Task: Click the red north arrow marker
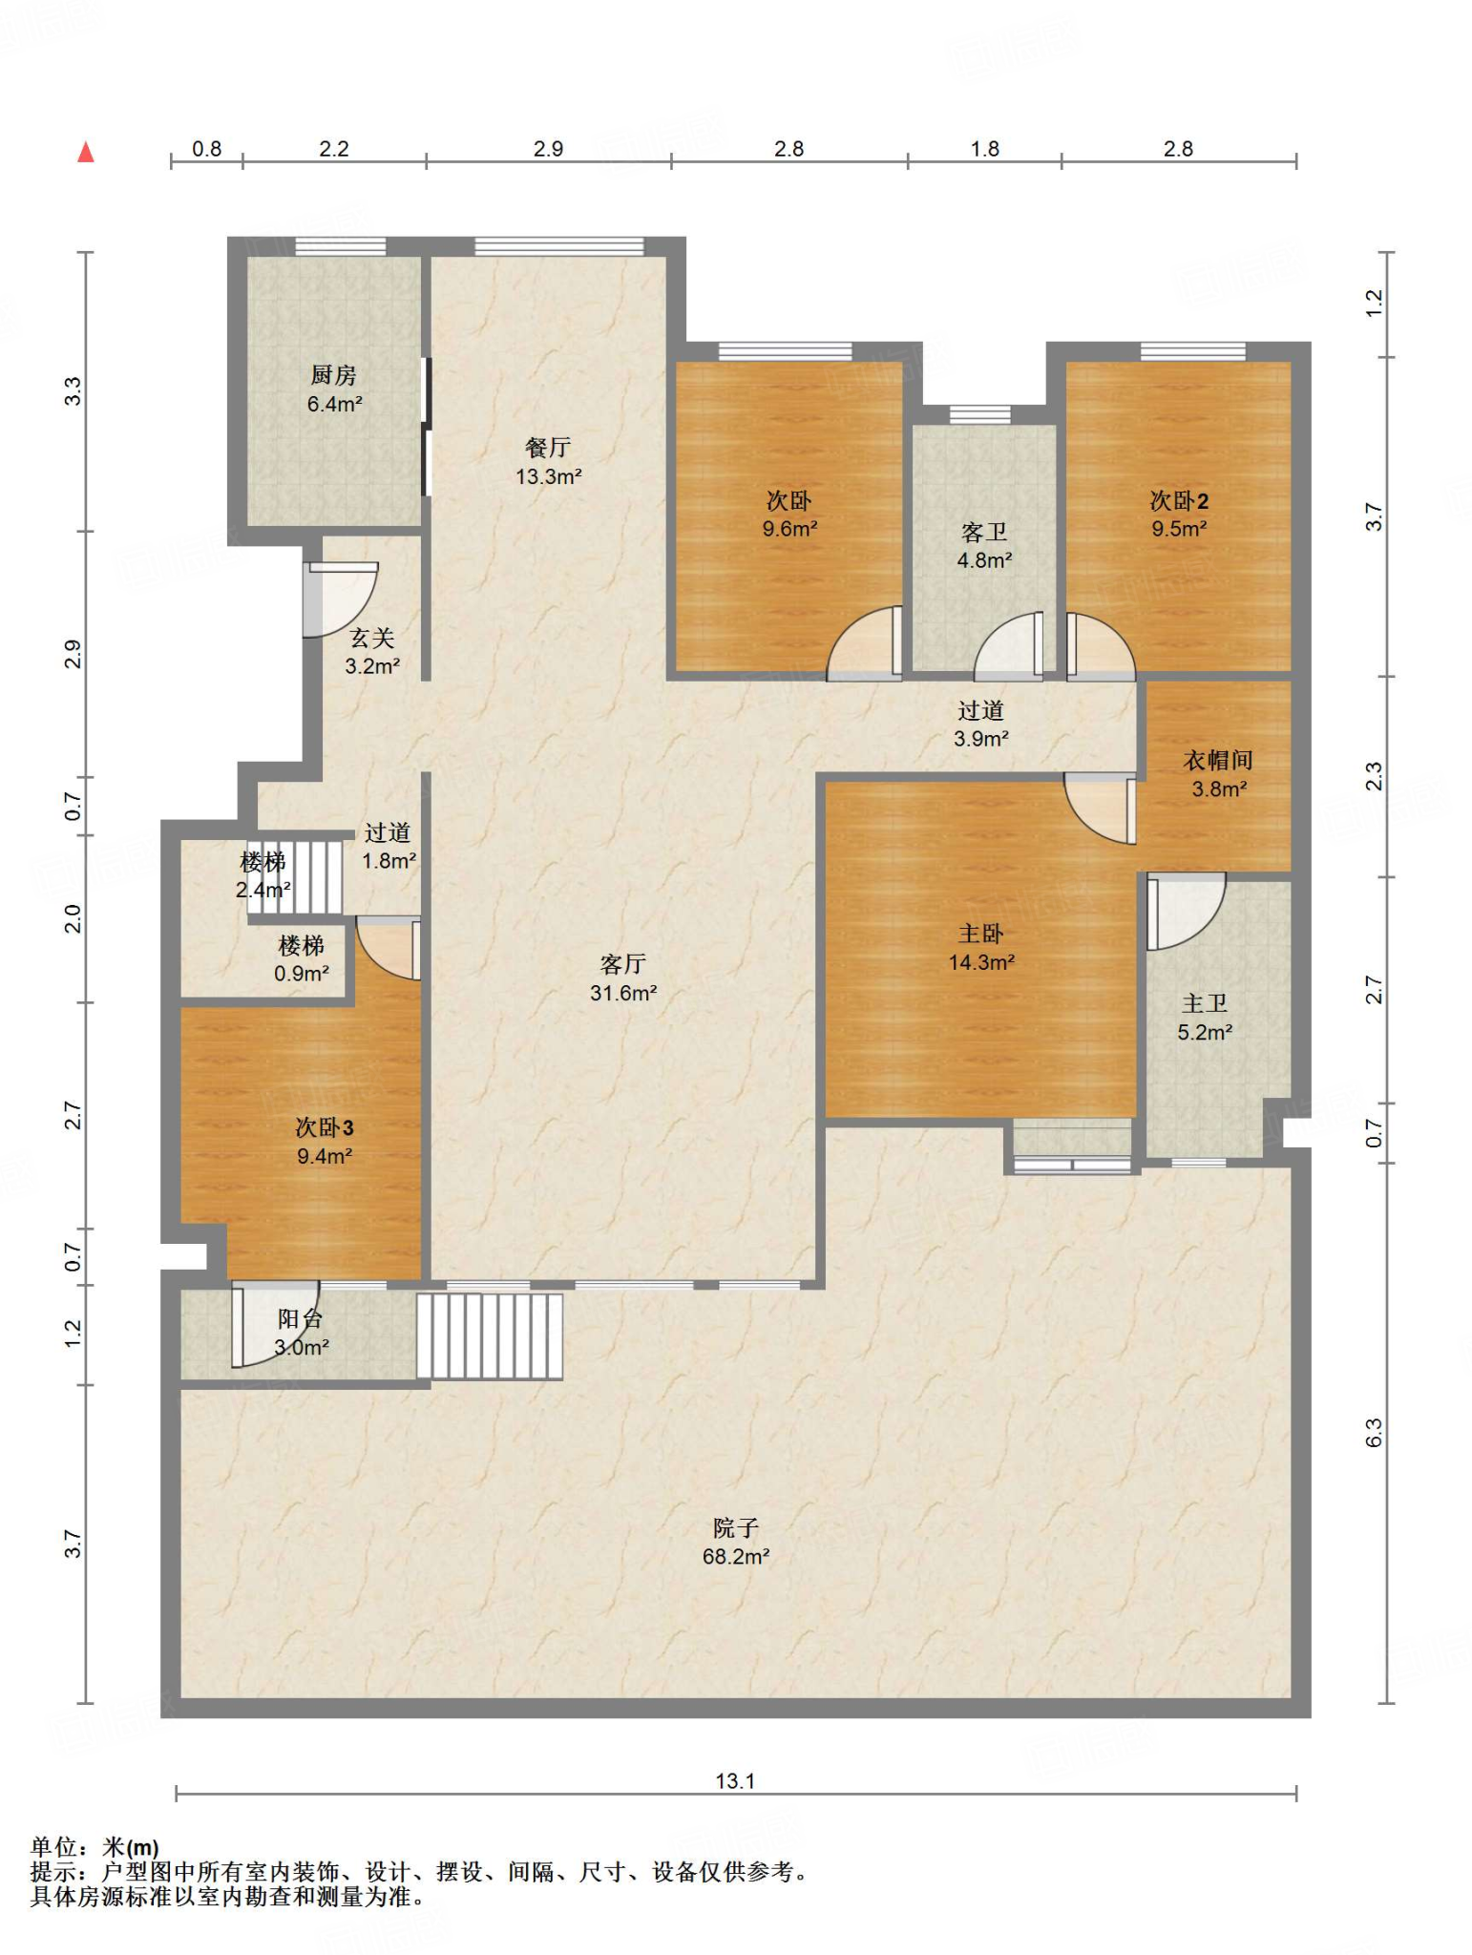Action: (x=86, y=152)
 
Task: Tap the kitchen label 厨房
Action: (x=333, y=375)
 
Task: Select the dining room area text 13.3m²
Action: (x=549, y=476)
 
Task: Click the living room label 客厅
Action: (x=623, y=964)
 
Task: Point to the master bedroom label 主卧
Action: (x=981, y=934)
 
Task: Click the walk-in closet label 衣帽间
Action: (x=1218, y=760)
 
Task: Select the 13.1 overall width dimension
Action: (x=735, y=1780)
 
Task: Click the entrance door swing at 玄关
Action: (x=342, y=599)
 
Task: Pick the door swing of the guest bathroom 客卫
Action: (x=1008, y=646)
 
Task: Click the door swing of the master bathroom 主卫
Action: (x=1186, y=912)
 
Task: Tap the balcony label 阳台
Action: (x=300, y=1318)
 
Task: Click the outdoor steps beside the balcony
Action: (x=490, y=1336)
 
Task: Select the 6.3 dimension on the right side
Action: (x=1373, y=1433)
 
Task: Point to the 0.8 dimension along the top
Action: (x=206, y=148)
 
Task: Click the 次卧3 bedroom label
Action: (x=325, y=1127)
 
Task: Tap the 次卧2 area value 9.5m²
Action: (x=1179, y=529)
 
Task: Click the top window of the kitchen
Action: (x=341, y=246)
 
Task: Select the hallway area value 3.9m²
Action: (x=981, y=739)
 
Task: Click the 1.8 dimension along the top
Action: (x=984, y=148)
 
